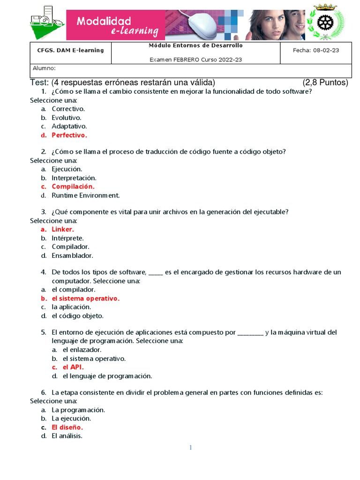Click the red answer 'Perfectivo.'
coord(69,135)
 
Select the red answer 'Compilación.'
coord(73,187)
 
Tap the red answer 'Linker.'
coord(62,229)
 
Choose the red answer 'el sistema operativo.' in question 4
coord(85,298)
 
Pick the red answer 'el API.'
coord(73,367)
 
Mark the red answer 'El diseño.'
coord(67,427)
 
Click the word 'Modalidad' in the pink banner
coord(104,21)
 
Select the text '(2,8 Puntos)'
coord(325,83)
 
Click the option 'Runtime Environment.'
coord(86,195)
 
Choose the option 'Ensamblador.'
coord(72,255)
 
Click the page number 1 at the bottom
coord(190,448)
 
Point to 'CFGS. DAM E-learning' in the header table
coord(70,50)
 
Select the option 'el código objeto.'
coord(77,315)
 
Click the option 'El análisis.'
coord(67,435)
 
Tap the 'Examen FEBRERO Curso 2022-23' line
coord(195,60)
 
